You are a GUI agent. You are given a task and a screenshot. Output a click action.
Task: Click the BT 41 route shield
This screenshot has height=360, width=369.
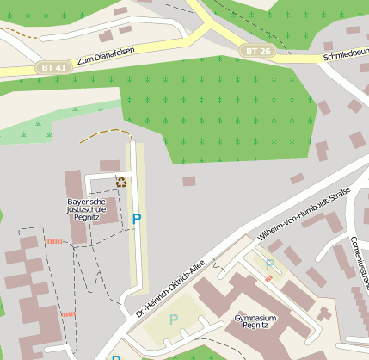pos(52,66)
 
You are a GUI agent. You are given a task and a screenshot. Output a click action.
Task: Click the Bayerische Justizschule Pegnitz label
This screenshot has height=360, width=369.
pos(87,209)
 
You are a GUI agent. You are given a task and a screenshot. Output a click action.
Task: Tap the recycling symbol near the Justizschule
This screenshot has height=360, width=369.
pos(121,183)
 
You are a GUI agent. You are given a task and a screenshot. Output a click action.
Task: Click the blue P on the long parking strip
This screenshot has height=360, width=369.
pos(136,219)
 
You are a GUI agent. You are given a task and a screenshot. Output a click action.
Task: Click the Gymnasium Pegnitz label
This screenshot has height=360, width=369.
pos(255,323)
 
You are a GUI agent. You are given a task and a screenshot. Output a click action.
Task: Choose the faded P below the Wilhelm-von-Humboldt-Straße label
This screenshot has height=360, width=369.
pos(269,264)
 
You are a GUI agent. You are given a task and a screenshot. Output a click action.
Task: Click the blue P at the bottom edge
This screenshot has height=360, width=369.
pos(115,356)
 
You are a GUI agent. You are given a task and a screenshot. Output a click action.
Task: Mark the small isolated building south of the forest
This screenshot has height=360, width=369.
pos(188,181)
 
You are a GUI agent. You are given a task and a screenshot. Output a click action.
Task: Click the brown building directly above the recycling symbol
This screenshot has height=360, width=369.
pos(109,164)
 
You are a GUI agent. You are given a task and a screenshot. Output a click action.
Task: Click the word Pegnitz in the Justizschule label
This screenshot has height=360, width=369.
pos(87,218)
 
